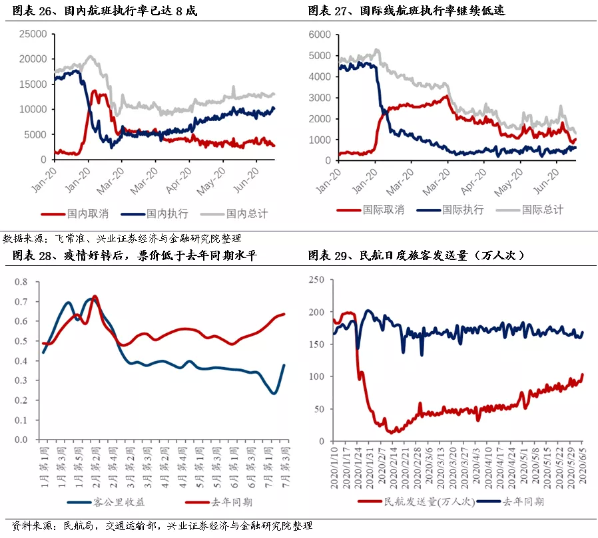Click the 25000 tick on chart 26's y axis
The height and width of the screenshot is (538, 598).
tap(33, 35)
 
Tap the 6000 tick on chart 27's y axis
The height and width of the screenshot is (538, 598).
tap(320, 35)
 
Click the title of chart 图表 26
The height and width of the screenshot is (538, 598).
tap(105, 11)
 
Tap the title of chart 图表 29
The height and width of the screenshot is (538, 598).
tap(416, 255)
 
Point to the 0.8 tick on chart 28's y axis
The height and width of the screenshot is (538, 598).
tap(21, 282)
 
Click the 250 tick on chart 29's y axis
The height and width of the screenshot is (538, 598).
tap(316, 280)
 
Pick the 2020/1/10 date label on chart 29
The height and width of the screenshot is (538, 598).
tap(334, 468)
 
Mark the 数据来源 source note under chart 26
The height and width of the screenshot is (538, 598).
tap(122, 239)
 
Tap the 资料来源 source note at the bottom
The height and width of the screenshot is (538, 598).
tap(162, 526)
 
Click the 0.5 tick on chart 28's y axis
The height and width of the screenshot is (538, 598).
tap(21, 341)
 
